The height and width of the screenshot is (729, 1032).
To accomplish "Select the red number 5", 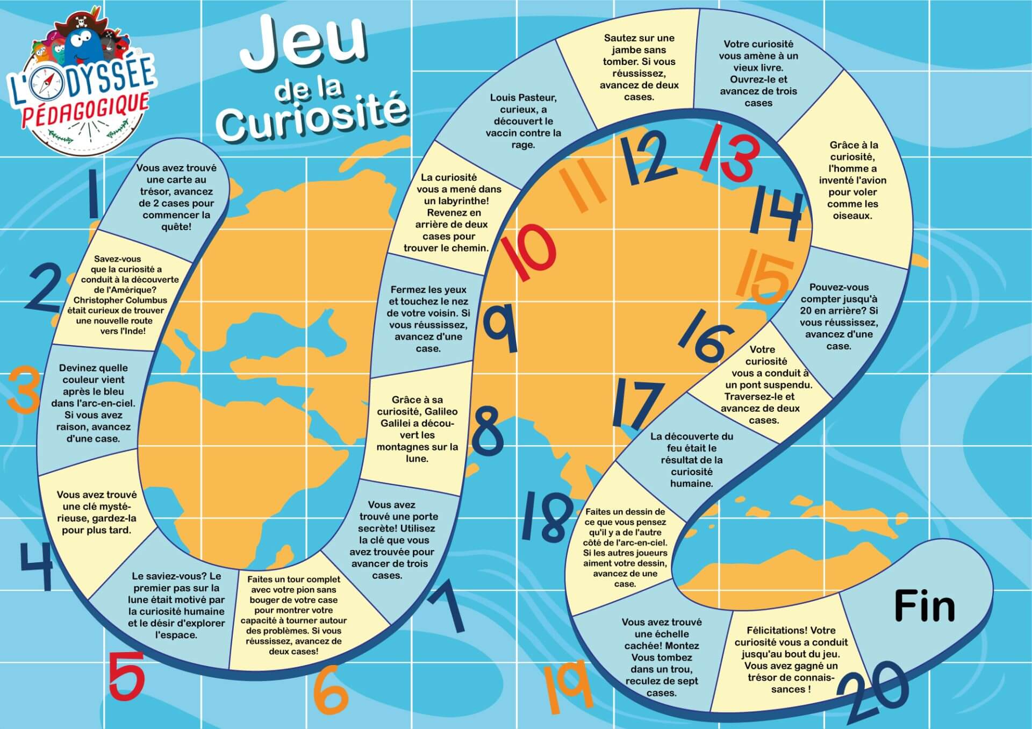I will [127, 675].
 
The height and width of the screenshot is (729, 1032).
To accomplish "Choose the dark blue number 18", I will [547, 516].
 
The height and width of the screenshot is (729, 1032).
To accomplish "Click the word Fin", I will [924, 606].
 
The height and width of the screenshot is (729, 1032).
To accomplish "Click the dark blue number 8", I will [488, 430].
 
